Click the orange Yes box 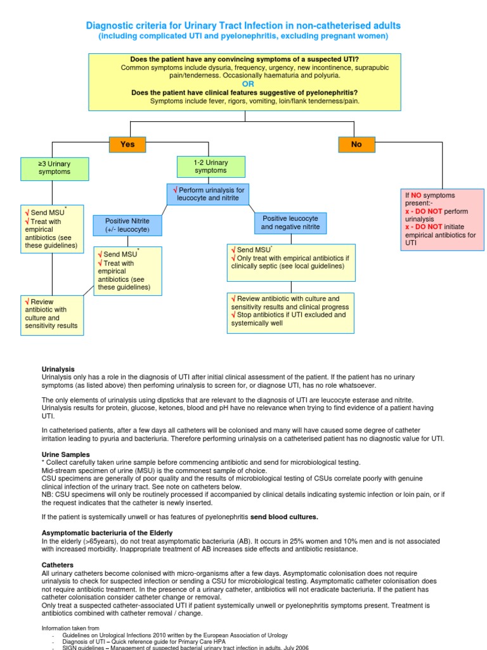click(x=128, y=145)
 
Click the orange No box click(x=356, y=145)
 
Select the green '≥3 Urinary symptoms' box click(x=55, y=168)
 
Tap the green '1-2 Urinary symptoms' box click(x=211, y=167)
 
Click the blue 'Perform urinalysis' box click(x=206, y=194)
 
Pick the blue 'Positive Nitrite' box click(x=127, y=224)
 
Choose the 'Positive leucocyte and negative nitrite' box click(x=290, y=222)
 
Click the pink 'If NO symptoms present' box click(x=441, y=219)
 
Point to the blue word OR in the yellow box click(x=248, y=84)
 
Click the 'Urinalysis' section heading click(x=58, y=369)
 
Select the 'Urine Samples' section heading click(x=66, y=454)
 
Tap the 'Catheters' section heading click(x=58, y=565)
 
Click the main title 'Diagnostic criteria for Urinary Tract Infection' click(x=243, y=25)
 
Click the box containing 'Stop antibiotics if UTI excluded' click(x=291, y=312)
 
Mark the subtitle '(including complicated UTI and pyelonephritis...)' click(x=243, y=36)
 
